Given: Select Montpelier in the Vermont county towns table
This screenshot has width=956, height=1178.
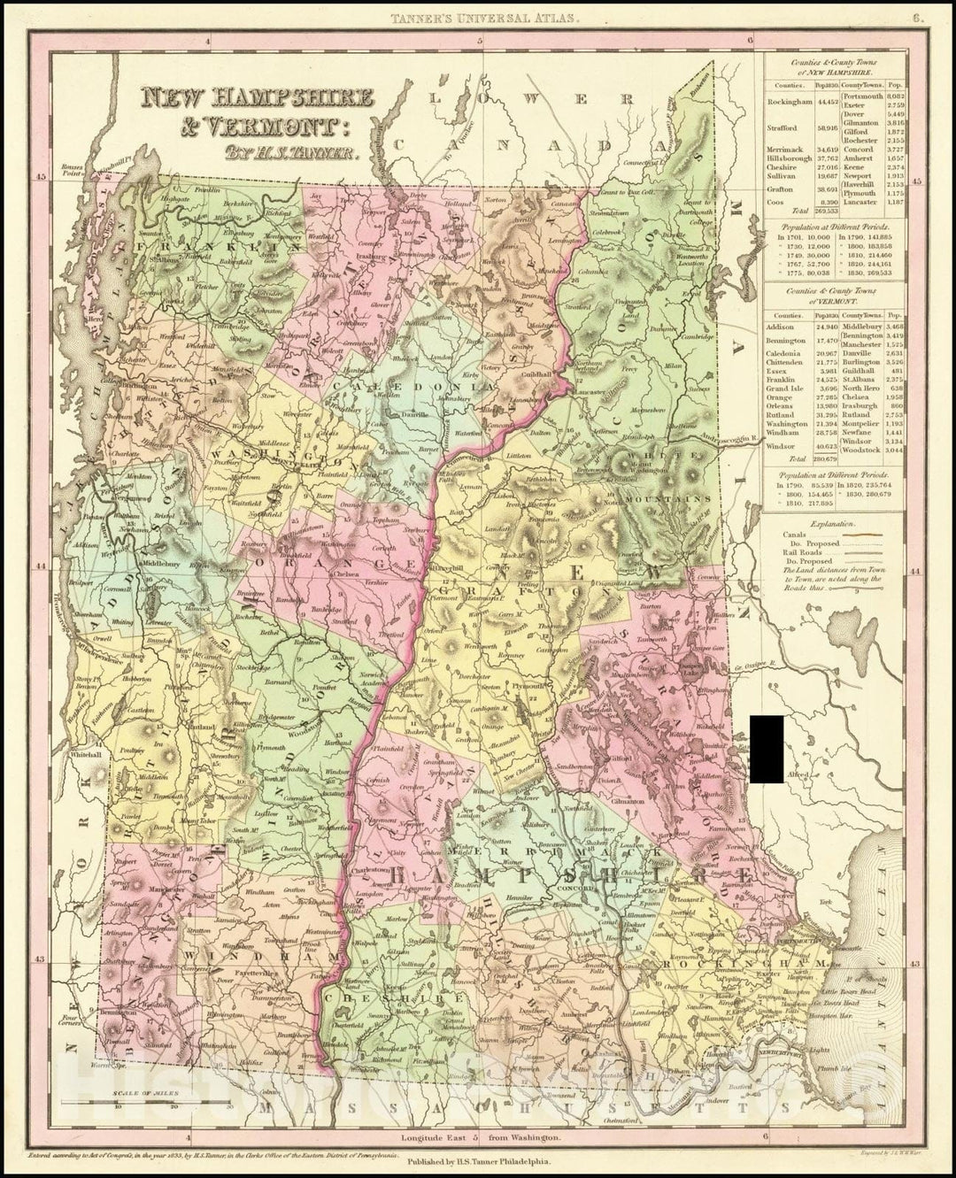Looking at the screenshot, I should point(862,426).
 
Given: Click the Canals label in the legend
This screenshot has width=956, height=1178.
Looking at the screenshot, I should point(797,535).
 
